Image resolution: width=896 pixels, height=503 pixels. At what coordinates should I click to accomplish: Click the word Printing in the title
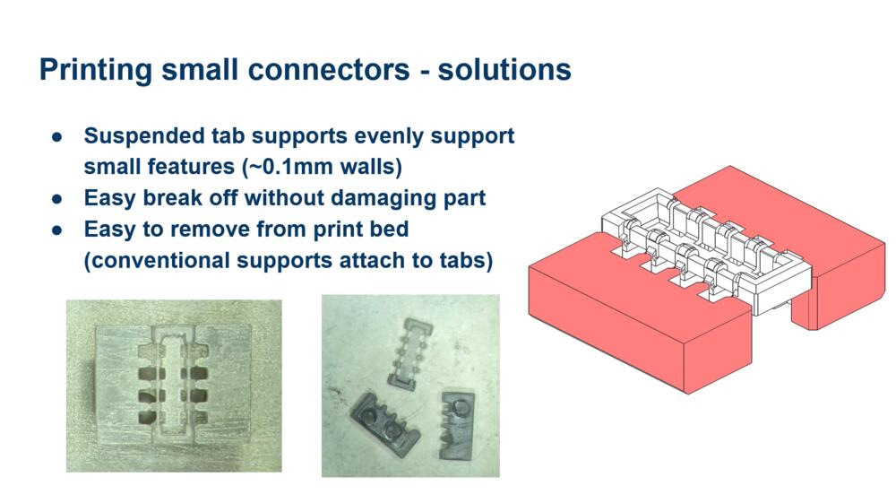[96, 70]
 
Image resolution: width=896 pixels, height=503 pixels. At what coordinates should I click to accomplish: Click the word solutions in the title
[504, 70]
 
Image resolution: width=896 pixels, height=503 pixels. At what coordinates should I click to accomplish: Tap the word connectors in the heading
[329, 70]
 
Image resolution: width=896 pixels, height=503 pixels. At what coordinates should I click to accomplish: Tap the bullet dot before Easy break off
[56, 199]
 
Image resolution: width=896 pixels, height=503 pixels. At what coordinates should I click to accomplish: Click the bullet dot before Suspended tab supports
[56, 136]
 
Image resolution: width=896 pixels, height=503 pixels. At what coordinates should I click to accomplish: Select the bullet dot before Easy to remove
[56, 230]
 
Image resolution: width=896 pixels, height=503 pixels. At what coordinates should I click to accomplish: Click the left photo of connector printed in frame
[174, 386]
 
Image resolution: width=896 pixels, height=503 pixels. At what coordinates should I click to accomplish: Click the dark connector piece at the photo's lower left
[385, 421]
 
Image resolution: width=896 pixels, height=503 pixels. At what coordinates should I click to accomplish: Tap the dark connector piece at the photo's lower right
[457, 425]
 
